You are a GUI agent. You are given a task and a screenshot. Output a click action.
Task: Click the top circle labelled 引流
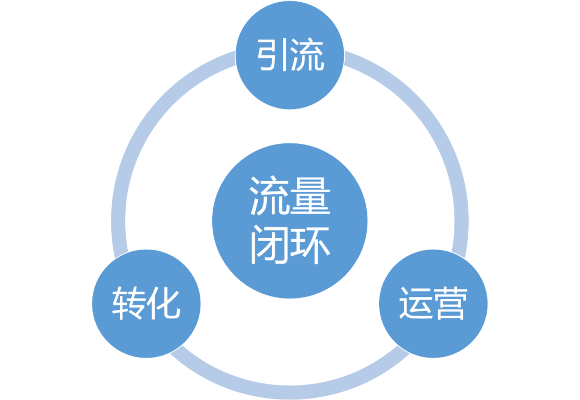tap(290, 55)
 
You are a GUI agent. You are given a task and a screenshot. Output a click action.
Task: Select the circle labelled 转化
tap(146, 303)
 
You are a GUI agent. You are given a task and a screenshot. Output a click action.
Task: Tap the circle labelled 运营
tap(433, 303)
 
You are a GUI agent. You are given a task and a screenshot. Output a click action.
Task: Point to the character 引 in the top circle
tap(272, 55)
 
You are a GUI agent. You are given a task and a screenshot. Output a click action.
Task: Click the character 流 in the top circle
tap(308, 55)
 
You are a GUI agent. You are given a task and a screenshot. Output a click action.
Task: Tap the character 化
tap(163, 303)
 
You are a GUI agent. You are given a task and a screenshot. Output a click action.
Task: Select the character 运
tap(415, 303)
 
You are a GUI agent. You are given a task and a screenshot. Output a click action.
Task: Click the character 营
tap(450, 303)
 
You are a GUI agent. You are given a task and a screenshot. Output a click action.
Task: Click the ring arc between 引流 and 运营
tap(430, 123)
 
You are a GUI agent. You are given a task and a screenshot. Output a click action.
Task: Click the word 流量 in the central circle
tap(290, 197)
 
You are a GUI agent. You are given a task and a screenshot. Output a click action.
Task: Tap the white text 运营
tap(433, 303)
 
